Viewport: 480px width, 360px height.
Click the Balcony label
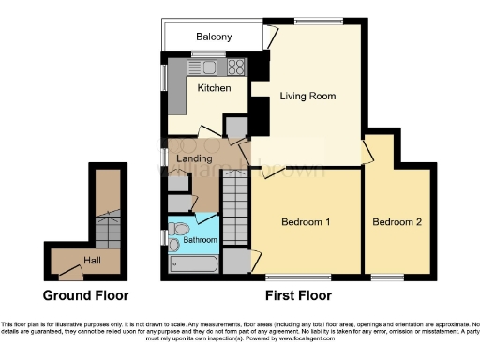(x=214, y=37)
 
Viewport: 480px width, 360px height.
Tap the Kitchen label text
(x=214, y=88)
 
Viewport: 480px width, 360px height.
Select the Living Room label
(x=308, y=96)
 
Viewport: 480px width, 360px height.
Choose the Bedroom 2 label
(x=397, y=222)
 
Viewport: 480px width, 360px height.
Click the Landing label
(x=194, y=158)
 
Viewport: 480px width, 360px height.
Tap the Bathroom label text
(x=200, y=240)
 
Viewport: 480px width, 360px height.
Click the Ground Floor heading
(x=84, y=294)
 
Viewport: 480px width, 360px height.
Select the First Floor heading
(x=299, y=294)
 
